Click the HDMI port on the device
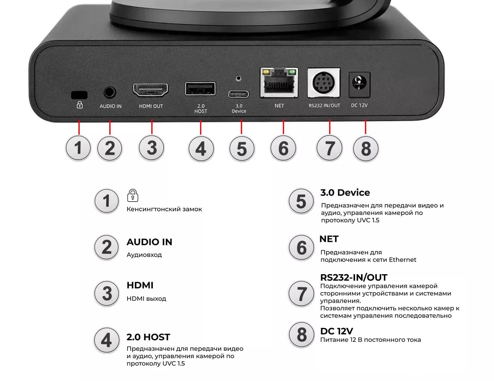[150, 89]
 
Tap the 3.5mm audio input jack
[110, 92]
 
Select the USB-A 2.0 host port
[200, 88]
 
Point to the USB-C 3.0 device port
[238, 94]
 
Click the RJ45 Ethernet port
[279, 82]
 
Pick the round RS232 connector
[324, 82]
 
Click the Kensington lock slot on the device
[79, 95]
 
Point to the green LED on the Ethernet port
[292, 72]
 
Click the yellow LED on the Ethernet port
[266, 72]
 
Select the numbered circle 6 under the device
[283, 148]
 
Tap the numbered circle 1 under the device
[78, 148]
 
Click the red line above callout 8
[365, 127]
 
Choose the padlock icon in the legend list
[132, 195]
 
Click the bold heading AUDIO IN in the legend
[149, 242]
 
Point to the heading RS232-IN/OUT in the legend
[354, 277]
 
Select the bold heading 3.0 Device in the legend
[345, 193]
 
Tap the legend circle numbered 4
[107, 340]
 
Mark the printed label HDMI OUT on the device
[151, 106]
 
